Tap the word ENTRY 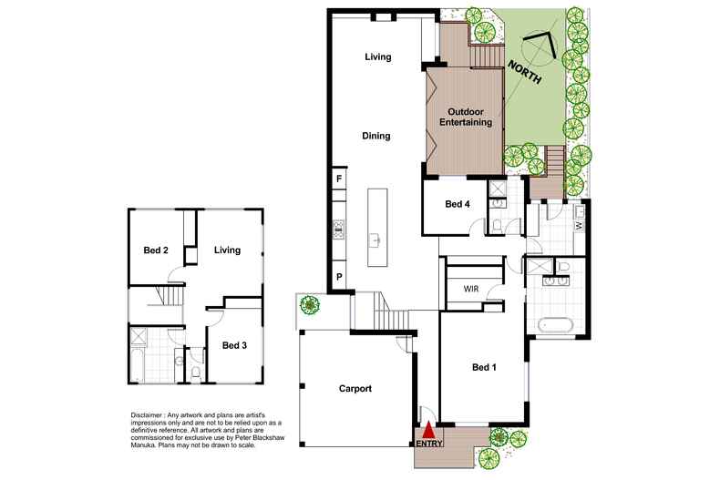point(429,444)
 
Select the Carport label point(355,389)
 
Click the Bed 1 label point(484,367)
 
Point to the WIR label point(470,289)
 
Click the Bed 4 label point(458,204)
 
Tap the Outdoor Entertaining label point(466,117)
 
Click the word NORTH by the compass point(524,73)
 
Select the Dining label point(376,136)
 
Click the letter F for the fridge point(339,179)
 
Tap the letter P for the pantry point(339,277)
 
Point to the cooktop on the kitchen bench point(338,229)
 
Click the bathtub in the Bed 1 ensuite point(556,325)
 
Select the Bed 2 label point(156,250)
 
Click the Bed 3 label point(234,345)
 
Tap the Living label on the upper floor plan point(227,250)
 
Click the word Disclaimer point(146,414)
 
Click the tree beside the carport point(310,304)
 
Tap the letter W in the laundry point(579,225)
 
